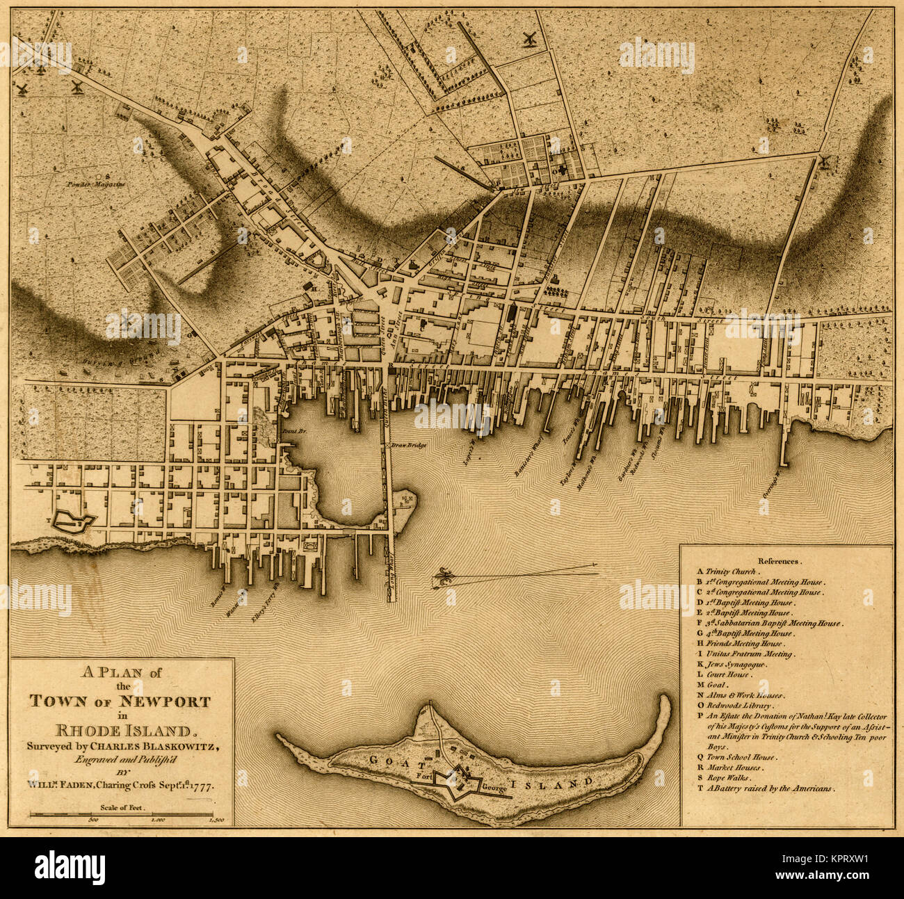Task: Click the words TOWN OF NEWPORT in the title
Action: [120, 701]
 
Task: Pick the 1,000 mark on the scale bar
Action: [157, 821]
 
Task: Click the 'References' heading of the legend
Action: [780, 560]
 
